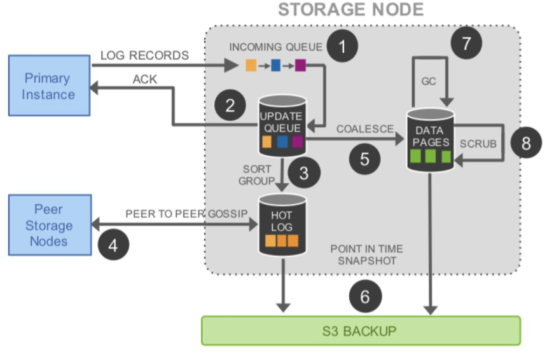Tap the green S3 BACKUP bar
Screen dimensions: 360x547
[x=361, y=331]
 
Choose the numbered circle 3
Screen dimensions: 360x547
[x=303, y=173]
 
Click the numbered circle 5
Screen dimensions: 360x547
[x=364, y=158]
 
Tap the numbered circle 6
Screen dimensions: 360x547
[x=364, y=296]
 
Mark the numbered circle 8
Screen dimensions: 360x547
[x=525, y=142]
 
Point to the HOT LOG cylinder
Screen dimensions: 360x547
[x=282, y=225]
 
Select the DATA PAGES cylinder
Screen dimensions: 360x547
[x=430, y=139]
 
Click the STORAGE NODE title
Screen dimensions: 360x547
[x=351, y=10]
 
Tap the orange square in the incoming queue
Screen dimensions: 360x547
[x=251, y=65]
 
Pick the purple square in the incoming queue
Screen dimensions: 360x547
[x=300, y=65]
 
